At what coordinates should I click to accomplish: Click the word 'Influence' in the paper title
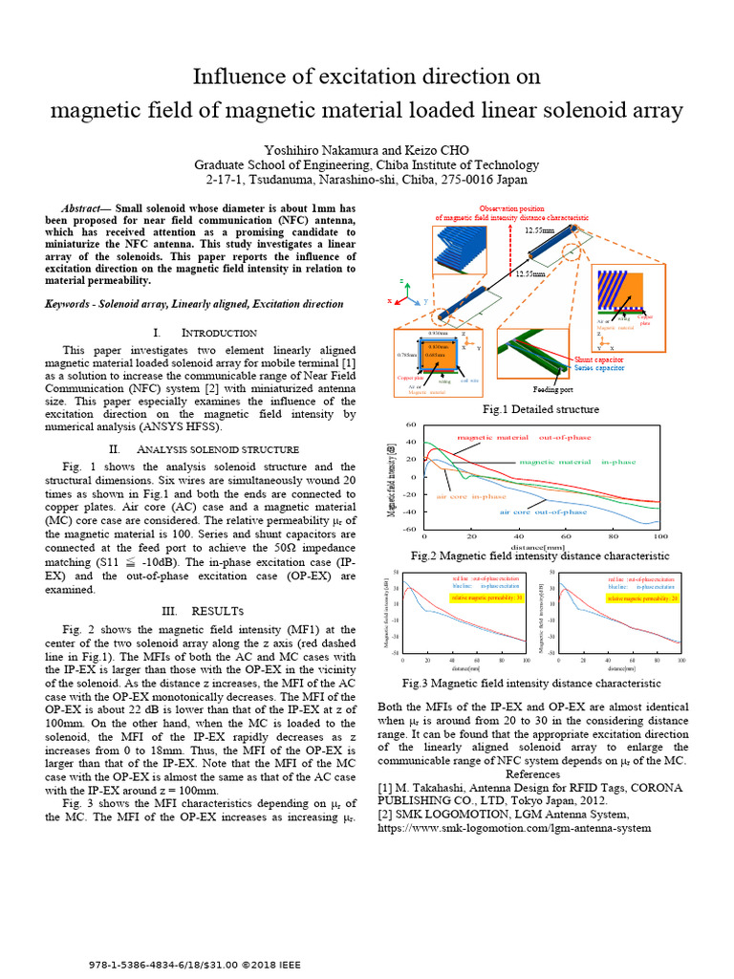[x=235, y=76]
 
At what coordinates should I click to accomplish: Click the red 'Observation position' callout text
[x=511, y=207]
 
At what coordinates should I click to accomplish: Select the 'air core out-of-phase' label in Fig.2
[x=543, y=512]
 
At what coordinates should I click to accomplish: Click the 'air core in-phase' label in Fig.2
[x=471, y=496]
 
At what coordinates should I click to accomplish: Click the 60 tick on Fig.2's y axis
[x=412, y=424]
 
